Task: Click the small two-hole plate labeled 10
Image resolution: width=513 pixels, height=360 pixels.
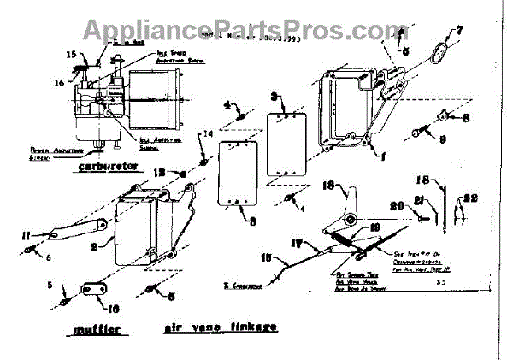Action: pyautogui.click(x=91, y=290)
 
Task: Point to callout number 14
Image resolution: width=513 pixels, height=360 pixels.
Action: pyautogui.click(x=206, y=134)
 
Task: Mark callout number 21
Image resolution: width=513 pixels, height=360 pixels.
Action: pyautogui.click(x=444, y=199)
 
